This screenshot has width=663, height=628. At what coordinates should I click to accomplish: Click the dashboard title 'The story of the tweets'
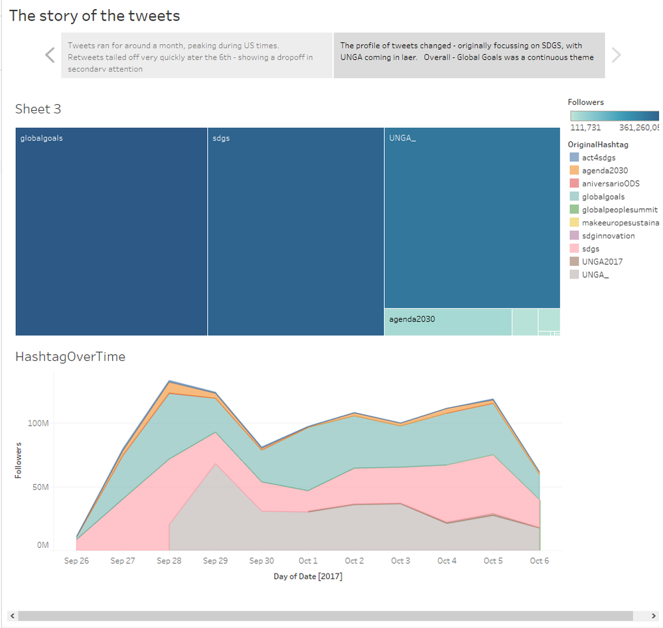click(x=94, y=16)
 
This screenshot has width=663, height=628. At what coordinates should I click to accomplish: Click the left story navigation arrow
click(x=50, y=55)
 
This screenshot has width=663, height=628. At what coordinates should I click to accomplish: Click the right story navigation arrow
click(x=616, y=55)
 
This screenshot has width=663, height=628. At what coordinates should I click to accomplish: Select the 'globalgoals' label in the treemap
click(x=42, y=139)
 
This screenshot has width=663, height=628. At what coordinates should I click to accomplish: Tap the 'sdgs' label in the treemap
click(x=221, y=139)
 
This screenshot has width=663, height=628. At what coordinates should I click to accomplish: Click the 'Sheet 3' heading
click(x=38, y=109)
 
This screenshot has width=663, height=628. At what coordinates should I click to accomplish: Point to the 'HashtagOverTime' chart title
click(x=70, y=357)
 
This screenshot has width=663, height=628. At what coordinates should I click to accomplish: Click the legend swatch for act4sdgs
click(x=574, y=157)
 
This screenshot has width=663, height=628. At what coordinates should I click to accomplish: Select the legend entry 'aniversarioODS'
click(x=611, y=183)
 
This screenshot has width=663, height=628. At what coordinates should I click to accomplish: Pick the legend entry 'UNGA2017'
click(x=602, y=261)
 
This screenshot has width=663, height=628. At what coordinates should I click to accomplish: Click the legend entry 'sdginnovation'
click(x=608, y=235)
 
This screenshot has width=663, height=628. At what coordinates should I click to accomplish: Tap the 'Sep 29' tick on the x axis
click(x=215, y=561)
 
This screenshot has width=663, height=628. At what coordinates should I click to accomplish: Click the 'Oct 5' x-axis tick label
click(x=493, y=561)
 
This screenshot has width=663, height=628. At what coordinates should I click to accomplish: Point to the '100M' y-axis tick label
click(x=37, y=423)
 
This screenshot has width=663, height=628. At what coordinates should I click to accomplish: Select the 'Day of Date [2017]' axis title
click(x=308, y=576)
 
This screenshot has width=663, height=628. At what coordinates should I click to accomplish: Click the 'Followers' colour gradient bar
click(x=614, y=115)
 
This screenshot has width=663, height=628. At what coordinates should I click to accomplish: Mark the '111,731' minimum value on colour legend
click(x=585, y=128)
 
